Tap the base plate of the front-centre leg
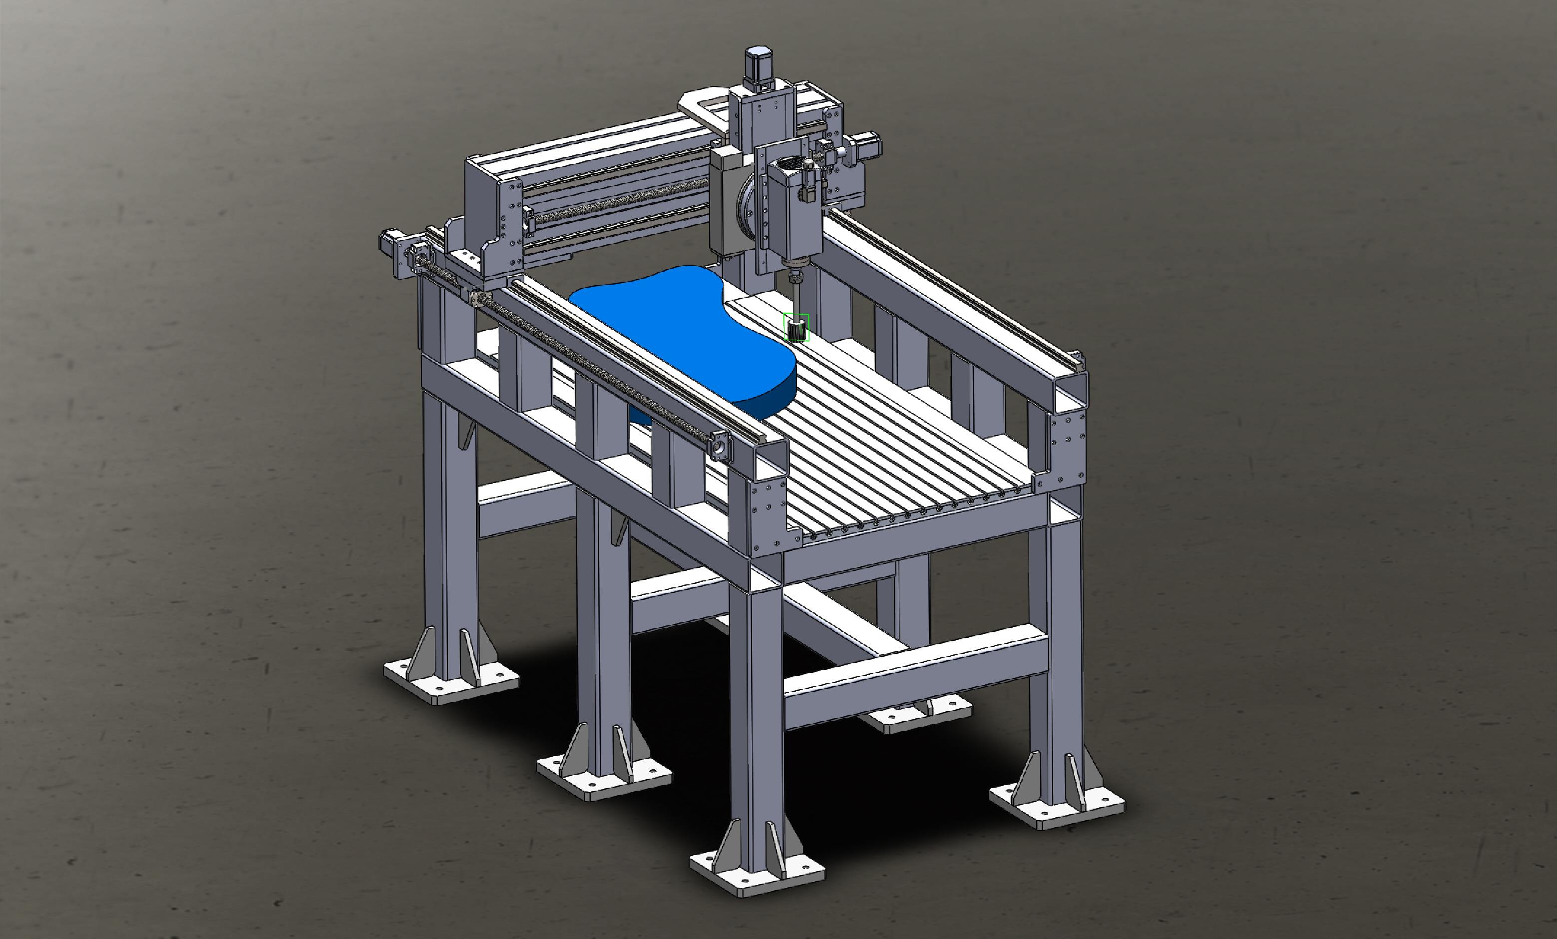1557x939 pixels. (x=757, y=875)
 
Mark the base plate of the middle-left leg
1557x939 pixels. (x=603, y=780)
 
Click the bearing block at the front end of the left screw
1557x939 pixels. (x=719, y=444)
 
